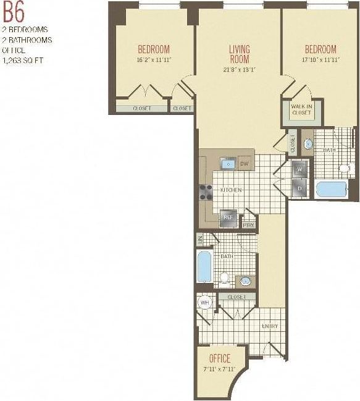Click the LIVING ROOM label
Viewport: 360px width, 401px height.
tap(239, 54)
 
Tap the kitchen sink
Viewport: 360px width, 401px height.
tap(228, 164)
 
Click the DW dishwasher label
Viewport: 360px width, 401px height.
tap(244, 164)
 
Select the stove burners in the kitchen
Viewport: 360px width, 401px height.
tap(206, 191)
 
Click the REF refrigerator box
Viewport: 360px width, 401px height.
tap(228, 217)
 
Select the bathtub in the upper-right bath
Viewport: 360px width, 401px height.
tap(332, 189)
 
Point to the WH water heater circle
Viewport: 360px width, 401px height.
tap(205, 303)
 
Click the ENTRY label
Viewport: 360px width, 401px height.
tap(269, 326)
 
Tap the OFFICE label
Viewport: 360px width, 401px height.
tap(219, 358)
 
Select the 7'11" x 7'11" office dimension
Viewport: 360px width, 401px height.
tap(219, 369)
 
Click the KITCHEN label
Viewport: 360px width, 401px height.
tap(231, 190)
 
